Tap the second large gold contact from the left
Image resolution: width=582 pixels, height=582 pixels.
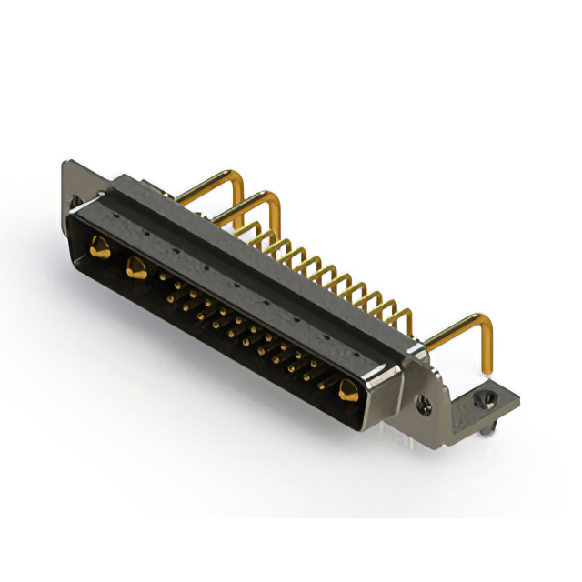point(136,267)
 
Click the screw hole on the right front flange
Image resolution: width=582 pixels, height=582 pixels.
point(422,397)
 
